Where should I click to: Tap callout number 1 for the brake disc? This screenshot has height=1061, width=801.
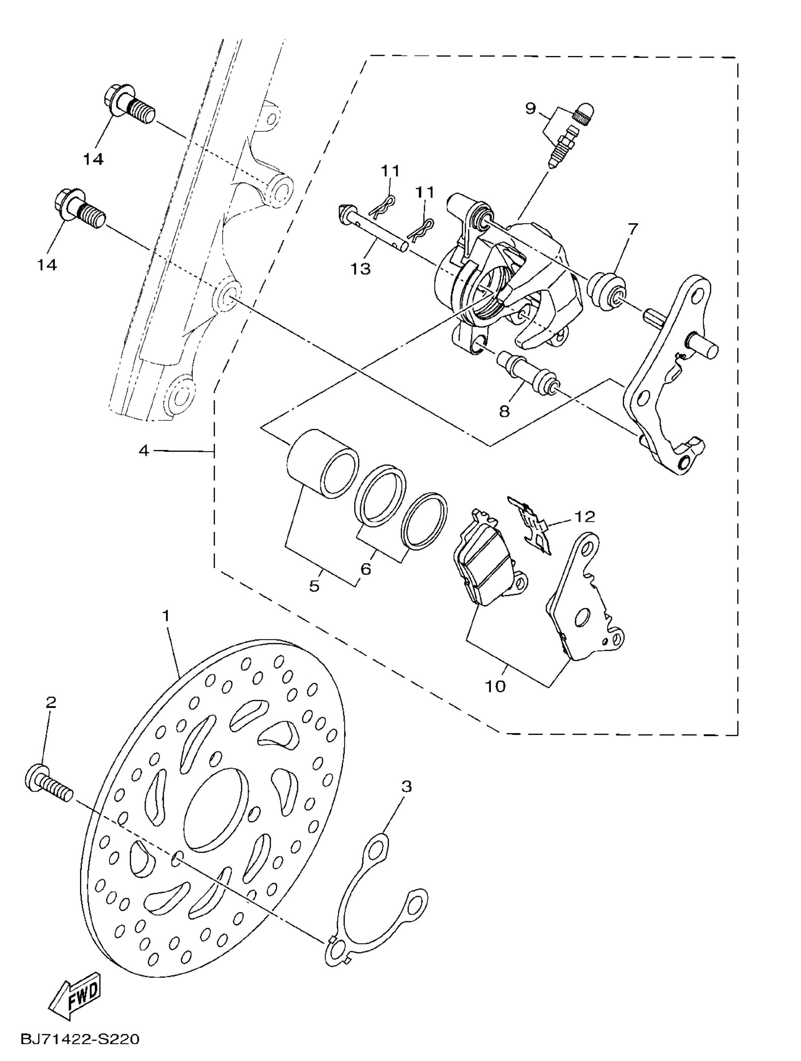167,616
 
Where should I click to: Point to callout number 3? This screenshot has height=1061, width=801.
407,787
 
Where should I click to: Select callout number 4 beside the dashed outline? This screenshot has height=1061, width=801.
144,451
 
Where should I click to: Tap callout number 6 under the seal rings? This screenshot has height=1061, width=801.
365,569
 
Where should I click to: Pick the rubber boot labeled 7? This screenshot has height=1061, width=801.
607,291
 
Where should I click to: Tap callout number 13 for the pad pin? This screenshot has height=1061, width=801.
360,269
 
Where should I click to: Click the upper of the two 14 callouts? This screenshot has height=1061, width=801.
94,159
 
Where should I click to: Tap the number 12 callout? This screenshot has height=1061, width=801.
584,516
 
